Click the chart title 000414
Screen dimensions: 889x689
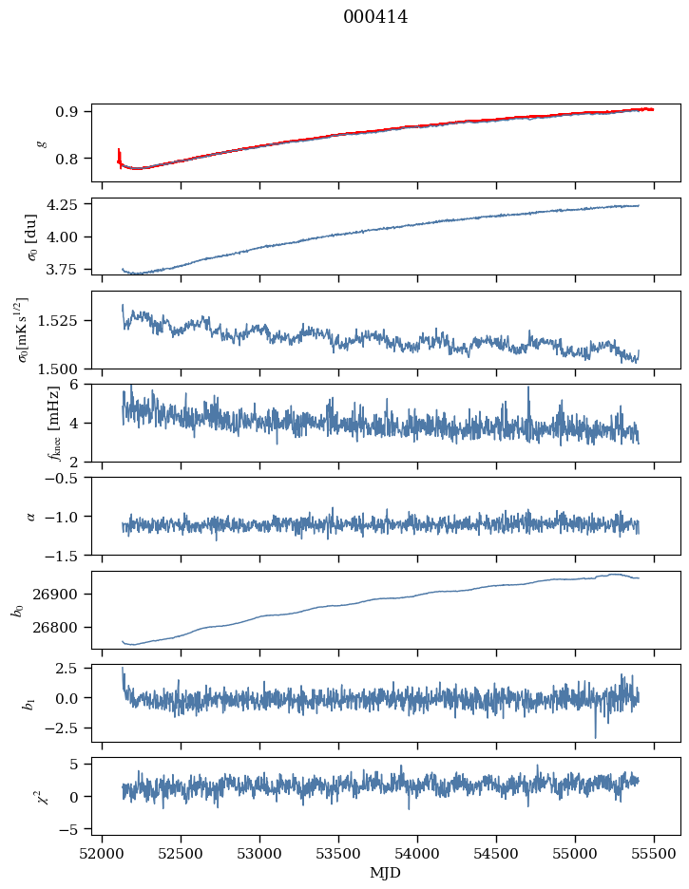(x=375, y=17)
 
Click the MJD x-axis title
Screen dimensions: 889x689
(x=386, y=872)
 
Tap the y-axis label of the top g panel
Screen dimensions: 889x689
(x=40, y=142)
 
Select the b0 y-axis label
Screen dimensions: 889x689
(x=17, y=609)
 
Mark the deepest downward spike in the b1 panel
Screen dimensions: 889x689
(x=596, y=737)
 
